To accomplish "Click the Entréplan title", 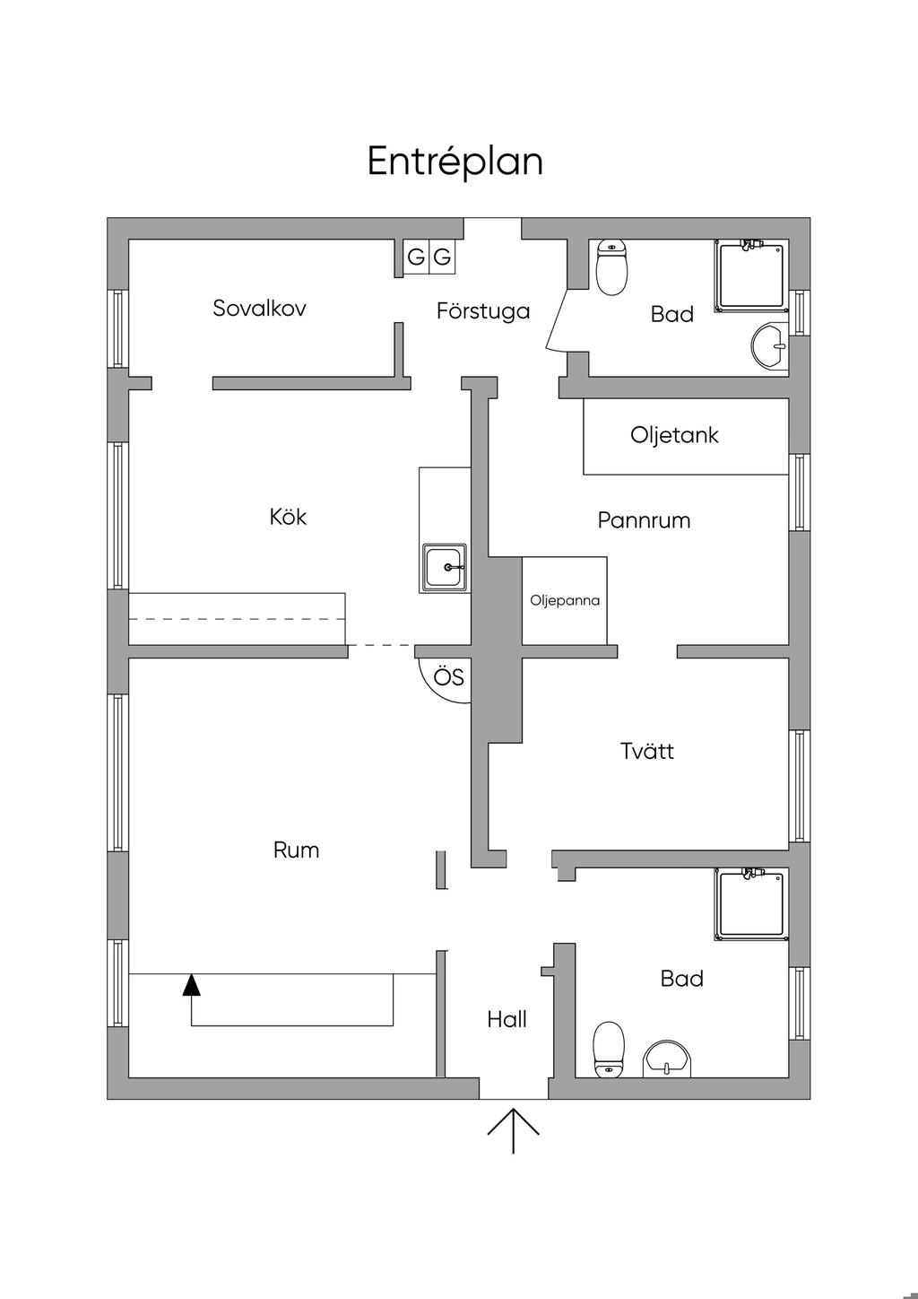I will pyautogui.click(x=455, y=161).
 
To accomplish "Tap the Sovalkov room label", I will pyautogui.click(x=259, y=309).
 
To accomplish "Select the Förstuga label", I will pyautogui.click(x=483, y=311).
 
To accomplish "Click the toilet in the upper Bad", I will pyautogui.click(x=612, y=267).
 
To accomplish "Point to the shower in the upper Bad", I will pyautogui.click(x=752, y=275).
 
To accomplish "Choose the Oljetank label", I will pyautogui.click(x=674, y=436).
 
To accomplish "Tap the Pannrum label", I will pyautogui.click(x=644, y=520).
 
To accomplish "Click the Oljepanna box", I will pyautogui.click(x=565, y=600).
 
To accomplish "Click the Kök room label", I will pyautogui.click(x=288, y=517).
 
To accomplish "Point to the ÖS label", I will pyautogui.click(x=449, y=677).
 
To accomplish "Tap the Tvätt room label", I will pyautogui.click(x=646, y=751).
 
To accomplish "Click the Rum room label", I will pyautogui.click(x=296, y=850).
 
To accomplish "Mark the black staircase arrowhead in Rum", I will pyautogui.click(x=191, y=985).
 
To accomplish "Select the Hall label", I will pyautogui.click(x=507, y=1019).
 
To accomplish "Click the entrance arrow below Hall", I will pyautogui.click(x=513, y=1130).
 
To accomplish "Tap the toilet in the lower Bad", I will pyautogui.click(x=609, y=1048).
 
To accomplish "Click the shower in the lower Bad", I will pyautogui.click(x=752, y=904).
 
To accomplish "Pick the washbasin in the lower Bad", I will pyautogui.click(x=667, y=1059).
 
